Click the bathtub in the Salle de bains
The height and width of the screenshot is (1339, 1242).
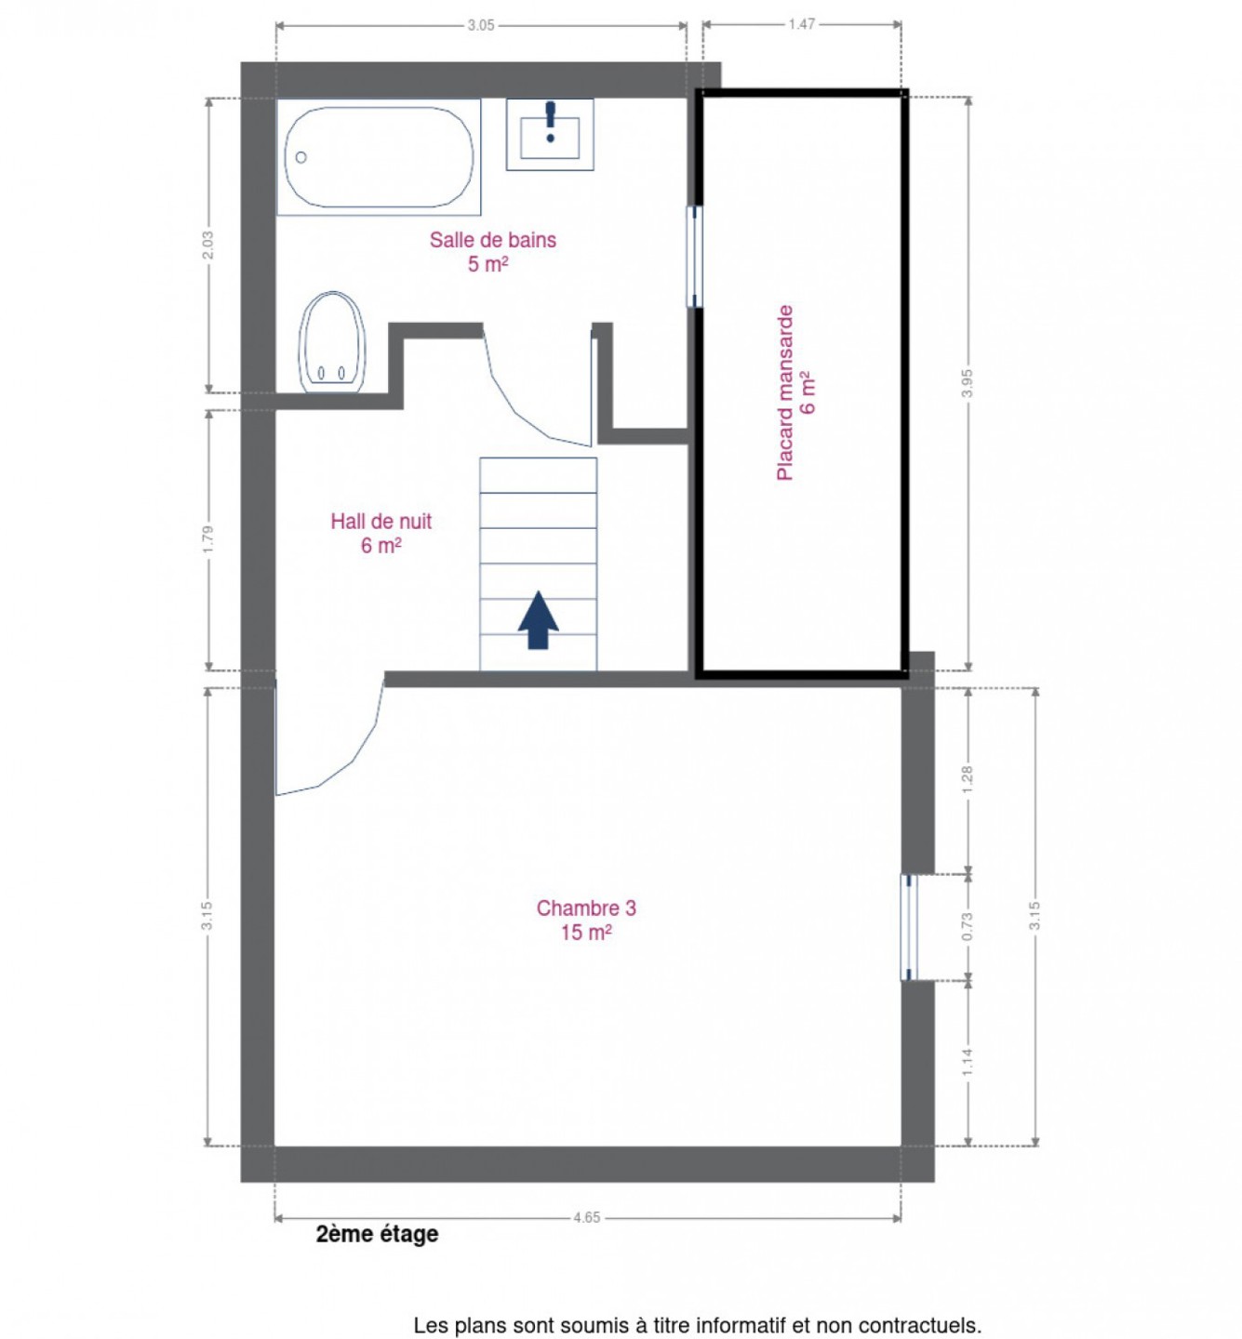[x=379, y=157]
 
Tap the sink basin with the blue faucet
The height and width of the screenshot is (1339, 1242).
[x=550, y=135]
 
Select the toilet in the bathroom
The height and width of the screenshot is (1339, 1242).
[x=332, y=342]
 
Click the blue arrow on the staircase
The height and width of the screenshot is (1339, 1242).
[x=538, y=619]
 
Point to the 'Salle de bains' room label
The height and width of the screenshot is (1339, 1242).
[x=492, y=240]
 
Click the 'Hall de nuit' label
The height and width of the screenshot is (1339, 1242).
[x=381, y=521]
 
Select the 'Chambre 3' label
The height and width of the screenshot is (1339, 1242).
[x=586, y=908]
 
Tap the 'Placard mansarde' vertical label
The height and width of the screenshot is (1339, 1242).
[x=785, y=392]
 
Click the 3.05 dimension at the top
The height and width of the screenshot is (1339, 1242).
[x=481, y=26]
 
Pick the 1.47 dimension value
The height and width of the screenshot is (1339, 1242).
[x=801, y=24]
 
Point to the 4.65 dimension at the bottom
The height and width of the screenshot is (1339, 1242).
[x=586, y=1217]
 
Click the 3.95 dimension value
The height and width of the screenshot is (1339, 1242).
[x=968, y=383]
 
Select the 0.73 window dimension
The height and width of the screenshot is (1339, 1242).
[x=968, y=926]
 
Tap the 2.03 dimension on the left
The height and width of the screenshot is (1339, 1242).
[x=207, y=245]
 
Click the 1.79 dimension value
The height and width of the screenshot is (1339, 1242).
[x=207, y=539]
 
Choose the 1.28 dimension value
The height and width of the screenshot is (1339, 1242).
[x=968, y=780]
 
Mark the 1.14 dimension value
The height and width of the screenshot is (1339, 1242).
[x=968, y=1062]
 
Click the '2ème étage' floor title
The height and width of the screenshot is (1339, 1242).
[x=377, y=1235]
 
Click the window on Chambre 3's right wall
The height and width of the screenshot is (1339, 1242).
[x=909, y=927]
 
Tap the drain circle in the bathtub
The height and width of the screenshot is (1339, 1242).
[x=300, y=157]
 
